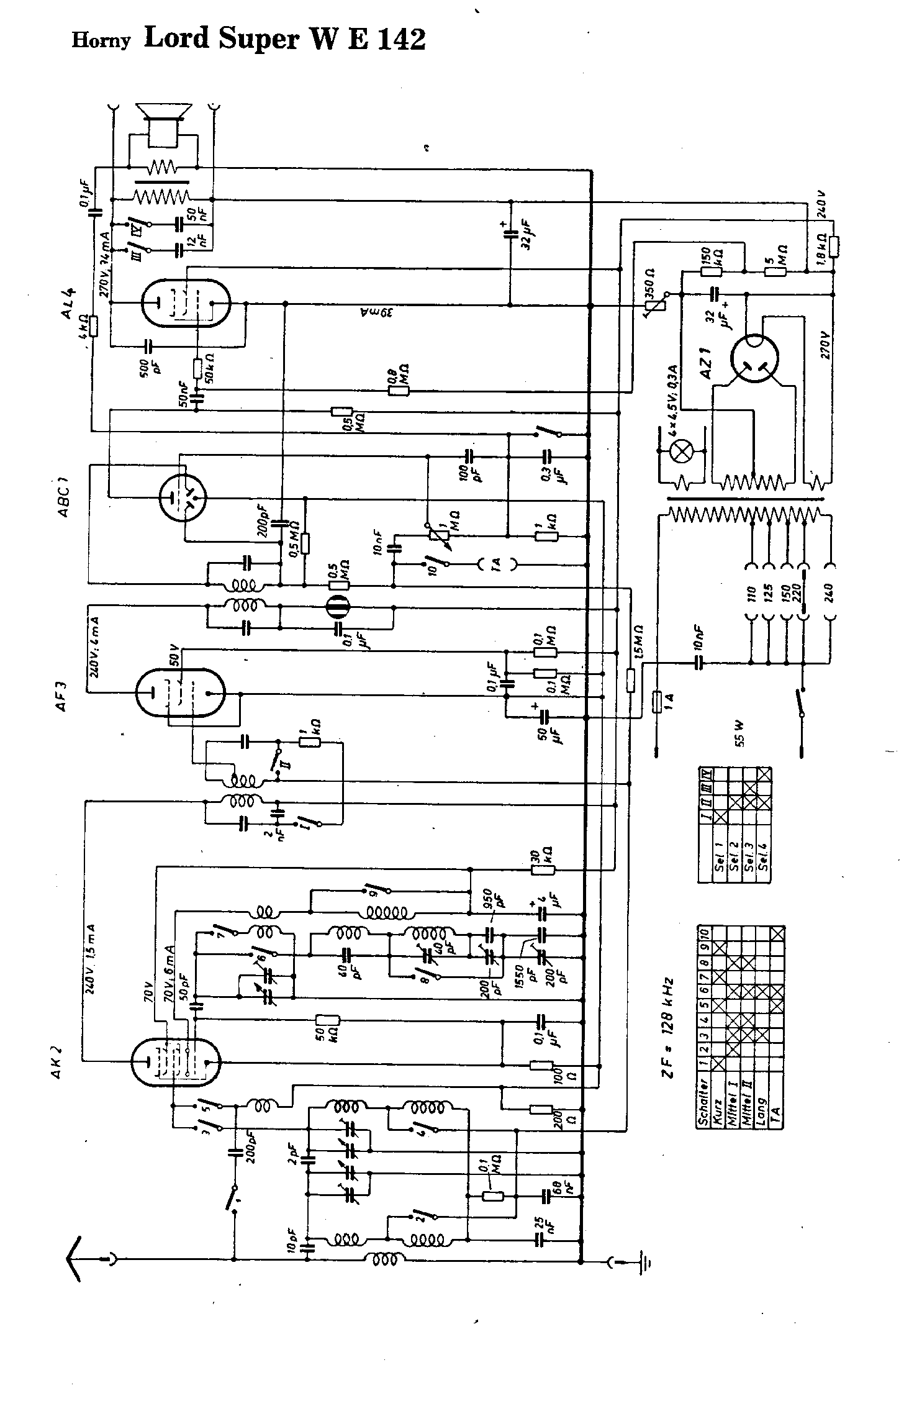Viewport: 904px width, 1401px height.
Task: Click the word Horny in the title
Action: (x=102, y=41)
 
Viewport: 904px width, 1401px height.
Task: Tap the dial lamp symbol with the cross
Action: (x=683, y=453)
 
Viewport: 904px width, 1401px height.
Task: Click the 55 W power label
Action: (x=739, y=733)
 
